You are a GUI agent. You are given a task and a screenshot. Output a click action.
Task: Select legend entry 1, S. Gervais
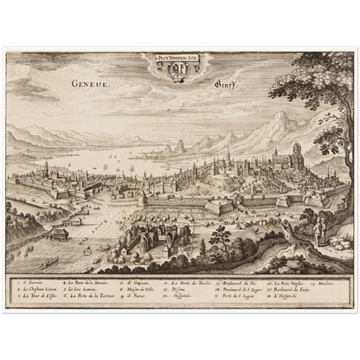(31, 282)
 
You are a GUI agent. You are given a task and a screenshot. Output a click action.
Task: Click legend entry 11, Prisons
(178, 289)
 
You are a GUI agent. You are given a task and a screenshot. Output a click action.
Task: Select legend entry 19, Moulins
(324, 282)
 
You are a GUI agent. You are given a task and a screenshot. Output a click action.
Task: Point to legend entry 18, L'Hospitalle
(286, 295)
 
